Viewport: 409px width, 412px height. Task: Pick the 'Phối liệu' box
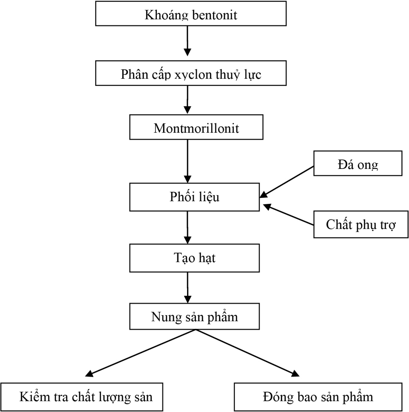pyautogui.click(x=194, y=197)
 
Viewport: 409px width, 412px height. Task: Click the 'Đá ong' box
pyautogui.click(x=358, y=163)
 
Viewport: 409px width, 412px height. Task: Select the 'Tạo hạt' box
pyautogui.click(x=194, y=258)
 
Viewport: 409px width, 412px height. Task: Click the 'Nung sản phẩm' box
pyautogui.click(x=195, y=317)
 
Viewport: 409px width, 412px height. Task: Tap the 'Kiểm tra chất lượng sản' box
pyautogui.click(x=82, y=397)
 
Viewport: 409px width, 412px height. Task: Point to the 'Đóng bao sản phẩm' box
pyautogui.click(x=317, y=397)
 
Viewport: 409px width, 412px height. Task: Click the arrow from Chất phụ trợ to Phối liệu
pyautogui.click(x=289, y=215)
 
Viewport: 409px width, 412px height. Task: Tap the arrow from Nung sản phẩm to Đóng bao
pyautogui.click(x=247, y=353)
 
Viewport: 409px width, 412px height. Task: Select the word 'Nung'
pyautogui.click(x=163, y=317)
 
